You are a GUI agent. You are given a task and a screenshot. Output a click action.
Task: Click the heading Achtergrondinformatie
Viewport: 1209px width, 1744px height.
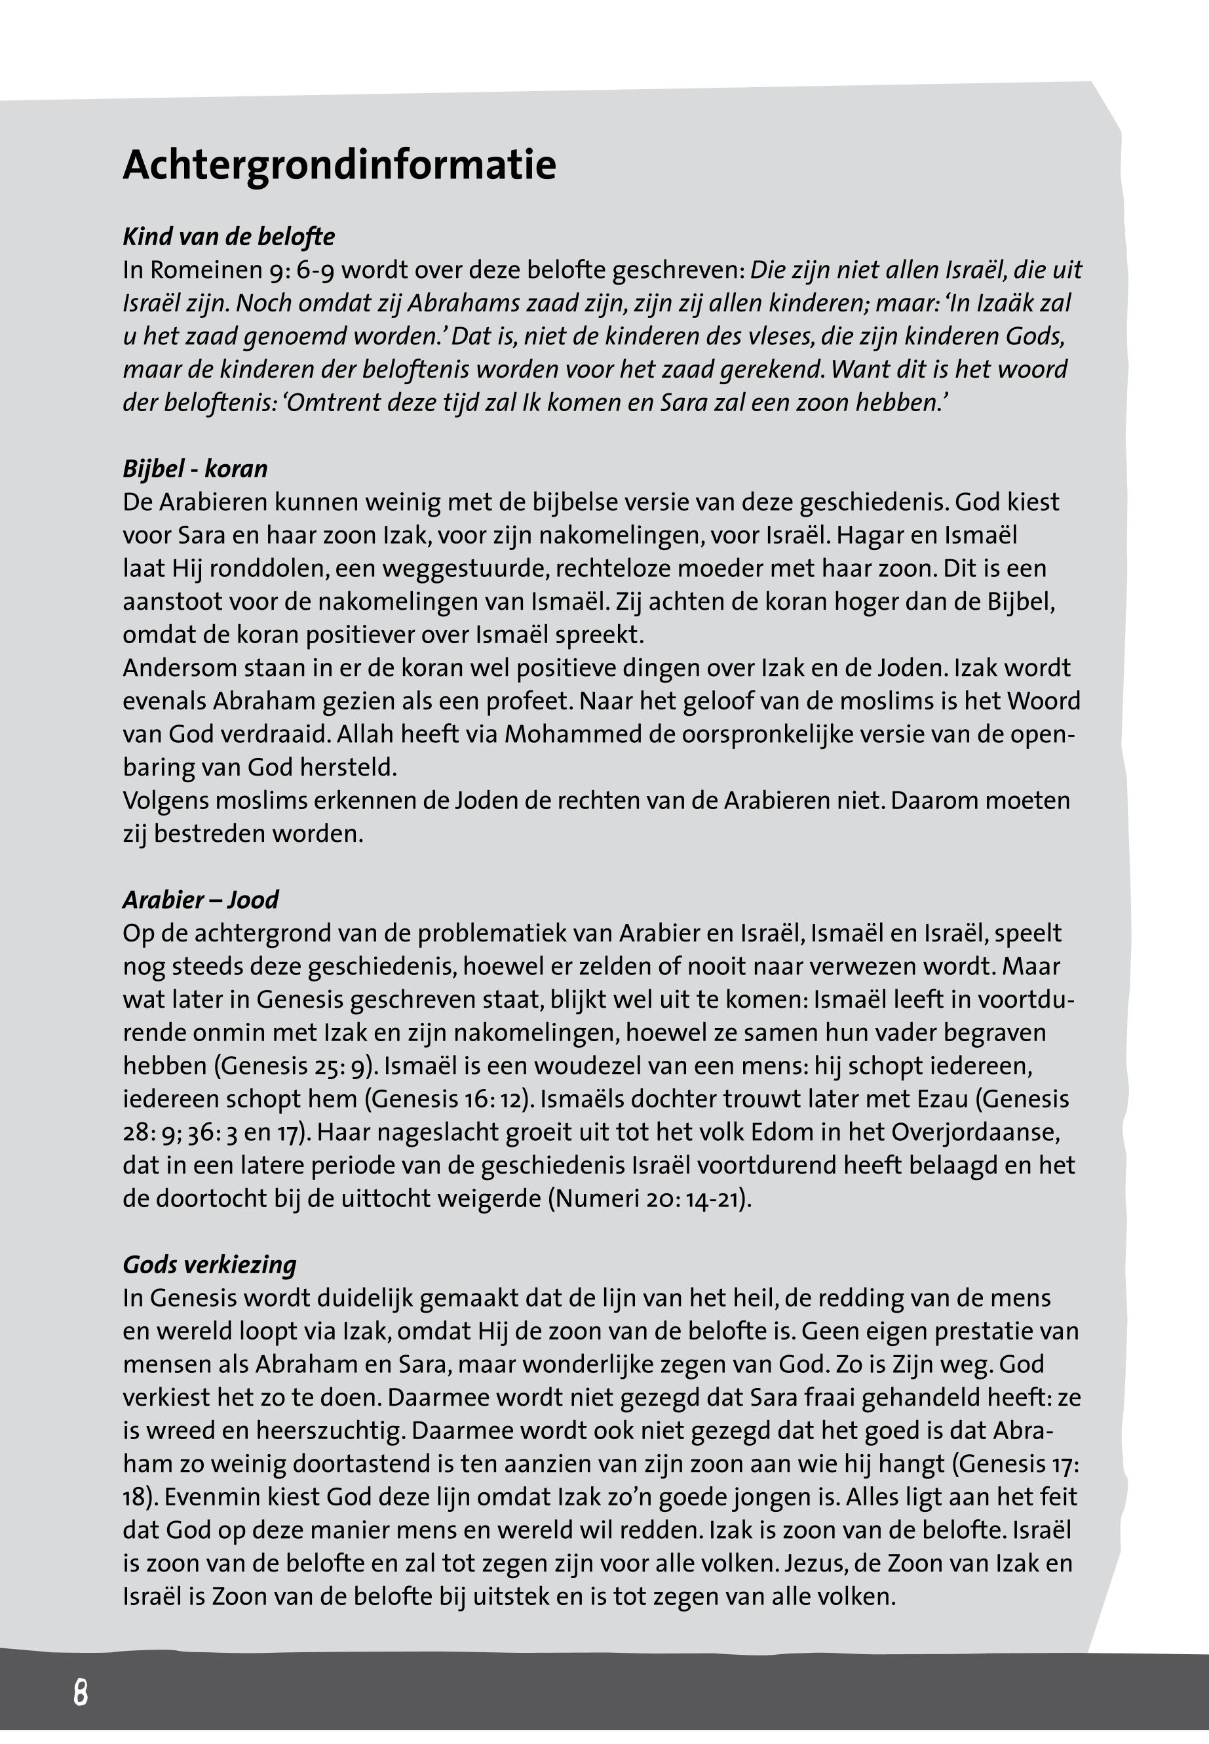pos(339,165)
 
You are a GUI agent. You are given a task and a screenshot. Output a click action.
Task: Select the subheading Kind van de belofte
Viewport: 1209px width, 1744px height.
pos(229,237)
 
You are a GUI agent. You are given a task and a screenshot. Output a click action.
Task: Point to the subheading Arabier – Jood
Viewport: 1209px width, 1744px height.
pos(201,900)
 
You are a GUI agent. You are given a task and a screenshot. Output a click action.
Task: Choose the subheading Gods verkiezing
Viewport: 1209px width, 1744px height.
pos(210,1264)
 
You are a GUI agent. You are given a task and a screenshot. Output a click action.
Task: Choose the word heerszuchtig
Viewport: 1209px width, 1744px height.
pos(330,1431)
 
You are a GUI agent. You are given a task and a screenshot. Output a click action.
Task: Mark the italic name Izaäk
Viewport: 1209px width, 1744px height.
pos(1005,303)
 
